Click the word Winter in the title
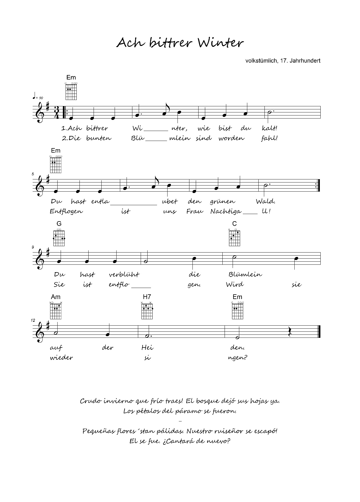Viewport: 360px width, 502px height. pyautogui.click(x=221, y=43)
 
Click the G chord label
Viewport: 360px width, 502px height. pyautogui.click(x=59, y=224)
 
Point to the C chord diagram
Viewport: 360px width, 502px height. pyautogui.click(x=235, y=238)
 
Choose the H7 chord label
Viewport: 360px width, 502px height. pyautogui.click(x=147, y=297)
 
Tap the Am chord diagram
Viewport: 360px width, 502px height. pyautogui.click(x=56, y=311)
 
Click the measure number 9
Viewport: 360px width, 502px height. pyautogui.click(x=33, y=247)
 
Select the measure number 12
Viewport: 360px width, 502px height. pyautogui.click(x=33, y=320)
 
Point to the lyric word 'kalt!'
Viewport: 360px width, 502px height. pyautogui.click(x=269, y=128)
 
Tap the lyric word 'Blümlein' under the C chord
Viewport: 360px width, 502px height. pyautogui.click(x=245, y=274)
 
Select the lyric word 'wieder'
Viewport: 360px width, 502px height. pyautogui.click(x=61, y=357)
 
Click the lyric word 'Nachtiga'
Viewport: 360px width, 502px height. pyautogui.click(x=225, y=212)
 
